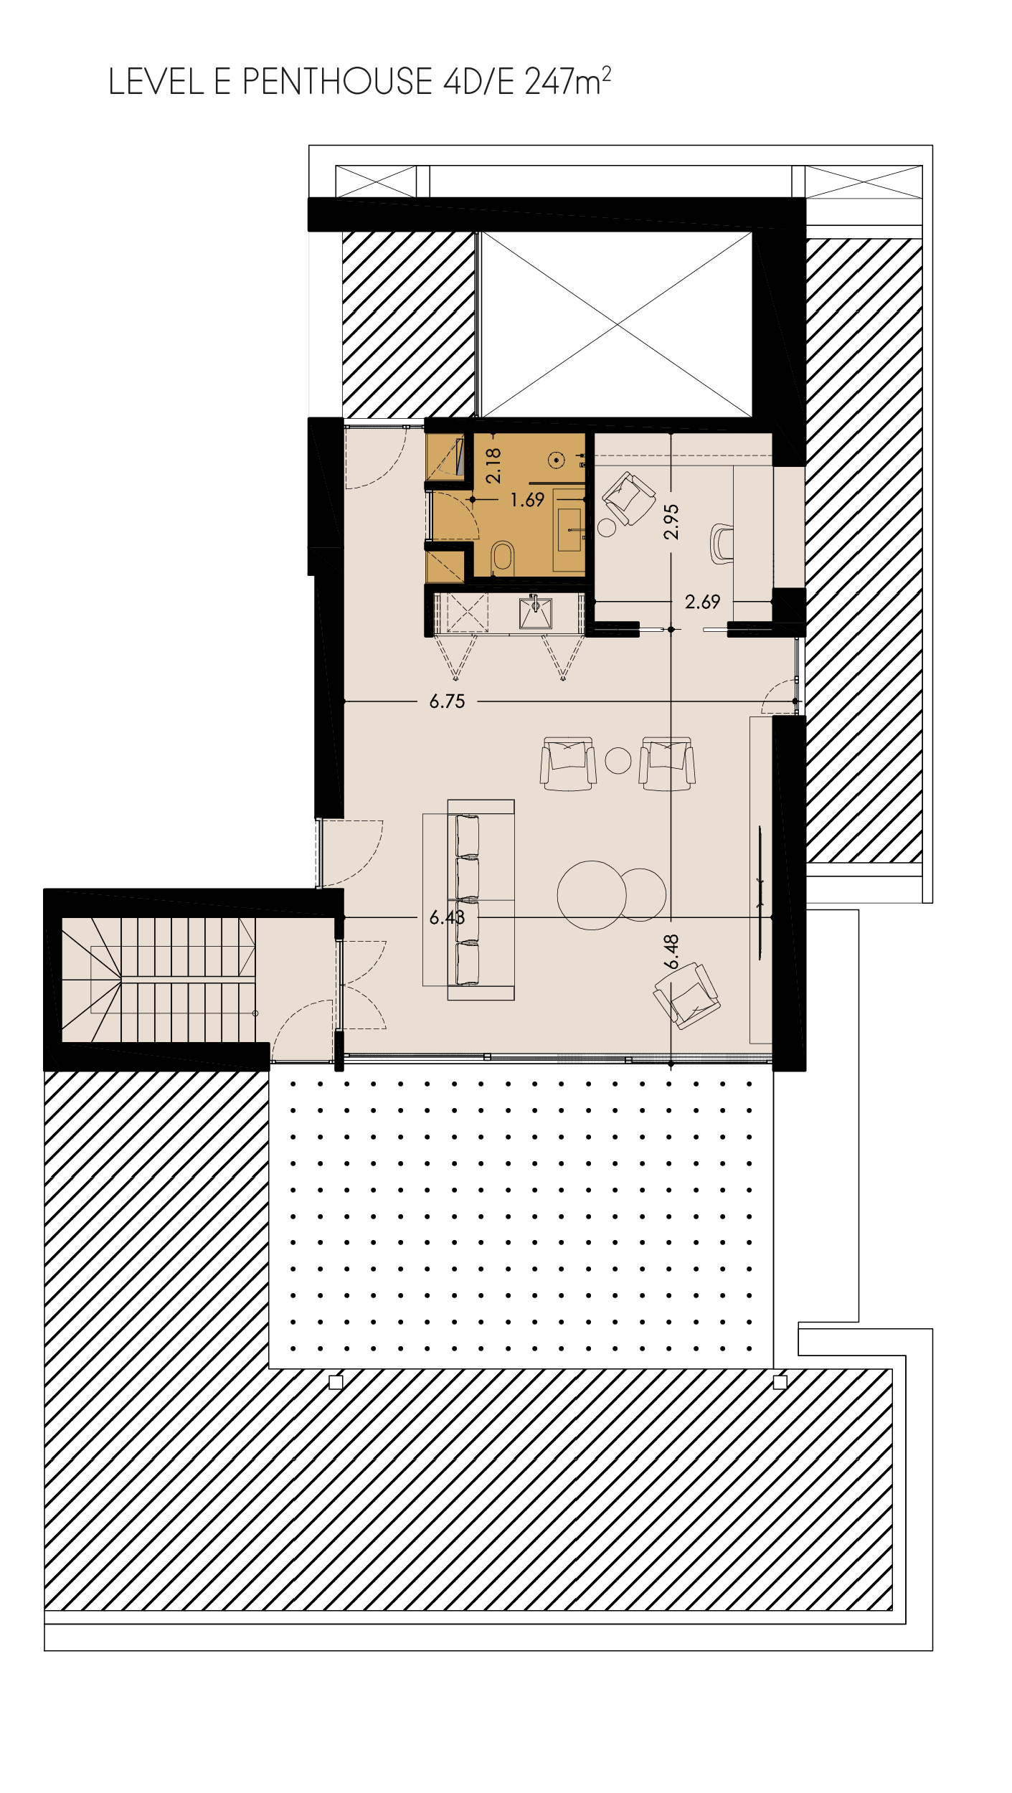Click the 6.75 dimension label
coord(447,701)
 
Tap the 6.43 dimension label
coord(447,917)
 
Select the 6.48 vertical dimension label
coord(671,952)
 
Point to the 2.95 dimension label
coord(671,521)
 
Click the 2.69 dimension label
coord(702,602)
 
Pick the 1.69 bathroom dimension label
coord(527,500)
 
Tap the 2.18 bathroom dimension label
coord(493,465)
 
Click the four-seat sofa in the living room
coord(481,900)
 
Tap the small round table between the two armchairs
coord(618,760)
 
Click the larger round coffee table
coord(592,895)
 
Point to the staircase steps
coord(159,980)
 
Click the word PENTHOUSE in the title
coord(337,82)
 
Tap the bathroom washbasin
coord(569,530)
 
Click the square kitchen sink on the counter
coord(535,613)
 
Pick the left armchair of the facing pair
coord(568,763)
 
